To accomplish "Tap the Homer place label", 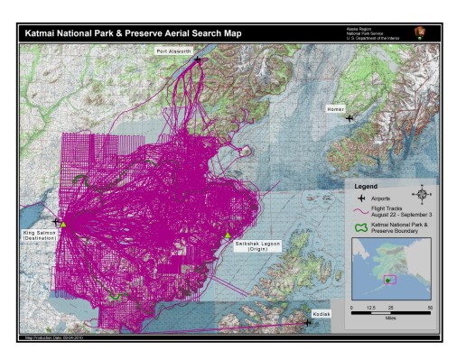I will pyautogui.click(x=336, y=108).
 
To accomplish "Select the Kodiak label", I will pyautogui.click(x=323, y=313).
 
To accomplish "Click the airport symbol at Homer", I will pyautogui.click(x=349, y=117).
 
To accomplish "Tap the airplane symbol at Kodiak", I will pyautogui.click(x=308, y=322).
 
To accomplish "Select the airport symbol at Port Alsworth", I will pyautogui.click(x=198, y=60).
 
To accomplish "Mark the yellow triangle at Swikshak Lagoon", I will pyautogui.click(x=228, y=236).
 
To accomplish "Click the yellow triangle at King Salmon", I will pyautogui.click(x=63, y=223).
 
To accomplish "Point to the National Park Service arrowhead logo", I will pyautogui.click(x=418, y=32).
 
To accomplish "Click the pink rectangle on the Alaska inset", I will pyautogui.click(x=389, y=278).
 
